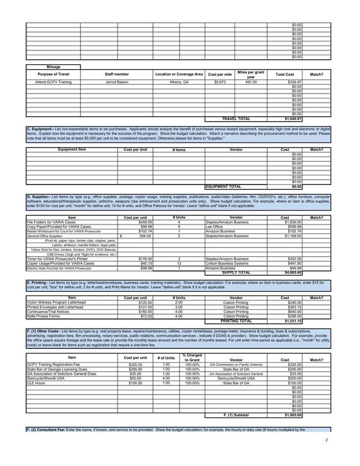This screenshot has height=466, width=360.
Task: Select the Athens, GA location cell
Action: [x=179, y=82]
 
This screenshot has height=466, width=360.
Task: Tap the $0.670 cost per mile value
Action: [x=220, y=82]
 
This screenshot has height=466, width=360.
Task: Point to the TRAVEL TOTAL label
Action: [x=236, y=119]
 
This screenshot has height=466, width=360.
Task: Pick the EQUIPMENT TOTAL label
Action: [x=223, y=187]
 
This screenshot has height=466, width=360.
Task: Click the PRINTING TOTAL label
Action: [x=236, y=321]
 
